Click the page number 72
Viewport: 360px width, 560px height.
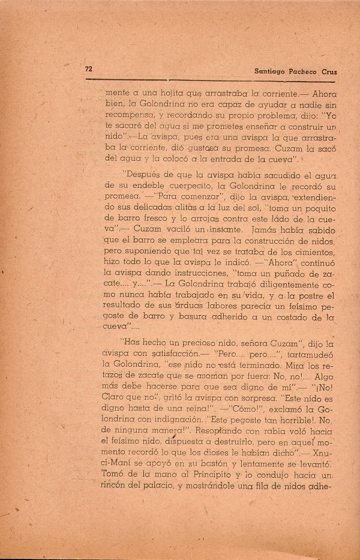click(88, 69)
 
